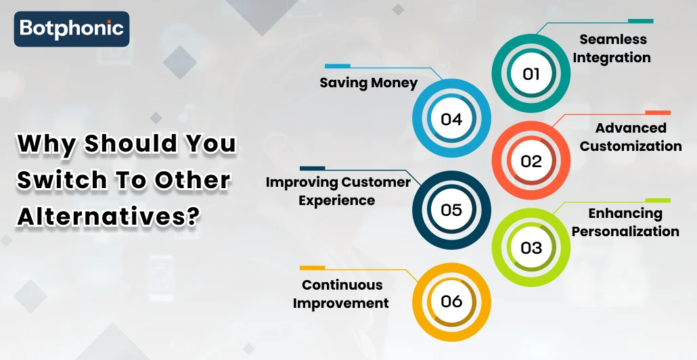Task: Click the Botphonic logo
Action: coord(72,29)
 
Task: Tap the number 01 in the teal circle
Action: coord(531,74)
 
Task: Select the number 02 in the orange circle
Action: coord(531,161)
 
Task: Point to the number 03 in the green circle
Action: coord(531,248)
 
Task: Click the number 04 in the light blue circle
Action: coord(451,119)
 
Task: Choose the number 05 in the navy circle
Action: coord(451,210)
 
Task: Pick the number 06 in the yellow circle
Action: coord(451,301)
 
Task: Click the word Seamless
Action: coord(613,39)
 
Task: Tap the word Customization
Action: coord(631,145)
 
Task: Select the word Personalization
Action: coord(625,231)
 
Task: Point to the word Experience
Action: coord(336,200)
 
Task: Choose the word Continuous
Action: coord(342,284)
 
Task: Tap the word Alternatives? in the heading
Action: coord(108,217)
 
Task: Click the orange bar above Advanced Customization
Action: coord(658,113)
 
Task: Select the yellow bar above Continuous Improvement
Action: coord(313,268)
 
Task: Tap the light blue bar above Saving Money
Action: coord(338,66)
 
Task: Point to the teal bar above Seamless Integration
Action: coord(641,21)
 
